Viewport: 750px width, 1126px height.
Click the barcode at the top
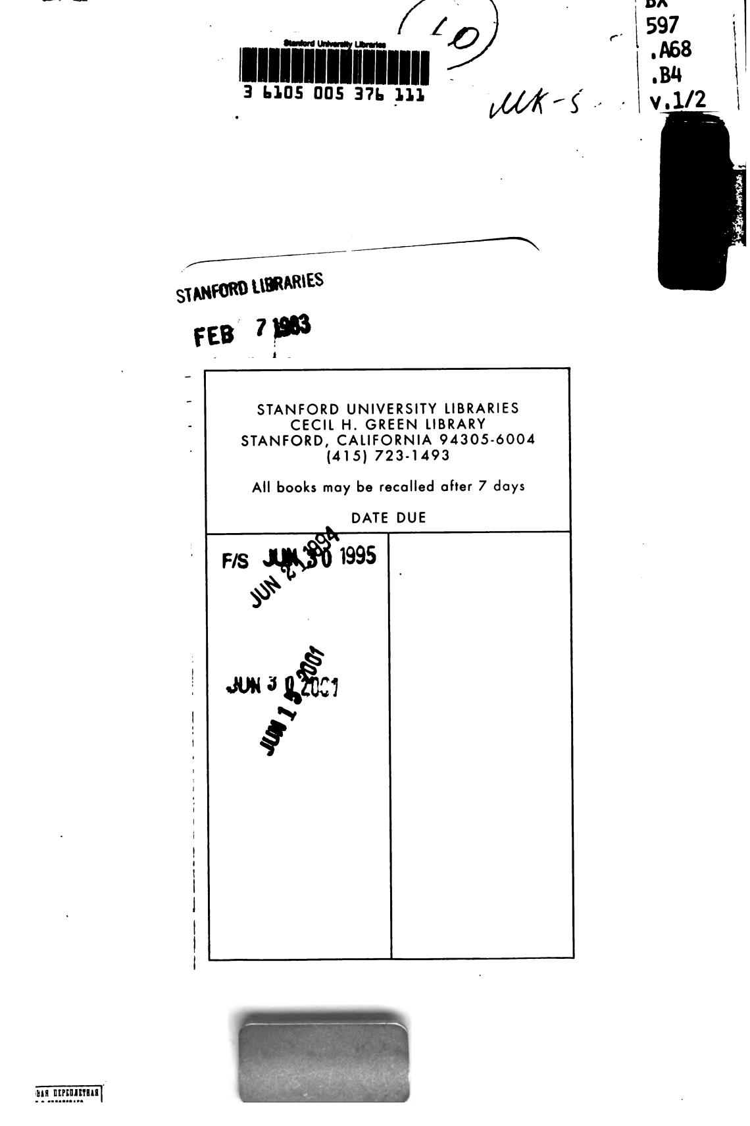point(334,68)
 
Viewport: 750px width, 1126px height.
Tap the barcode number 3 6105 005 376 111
point(334,94)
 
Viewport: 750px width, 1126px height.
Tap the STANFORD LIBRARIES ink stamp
point(250,287)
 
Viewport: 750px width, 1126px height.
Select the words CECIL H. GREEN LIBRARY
point(388,424)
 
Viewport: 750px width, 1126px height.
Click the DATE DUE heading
point(388,518)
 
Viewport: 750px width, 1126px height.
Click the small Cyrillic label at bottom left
point(68,1093)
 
